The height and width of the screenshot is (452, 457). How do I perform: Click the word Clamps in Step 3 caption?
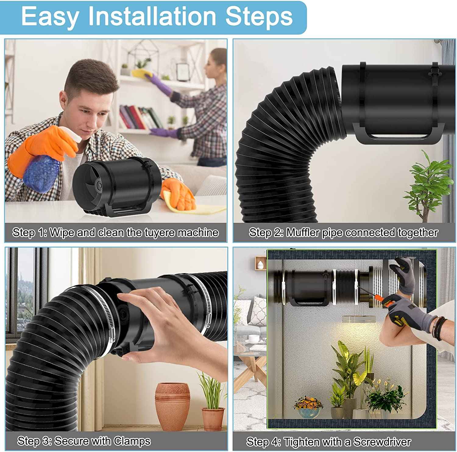[x=132, y=441]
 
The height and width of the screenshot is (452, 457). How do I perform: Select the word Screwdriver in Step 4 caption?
[x=382, y=442]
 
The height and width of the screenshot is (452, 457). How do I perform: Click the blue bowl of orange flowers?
[x=308, y=408]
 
